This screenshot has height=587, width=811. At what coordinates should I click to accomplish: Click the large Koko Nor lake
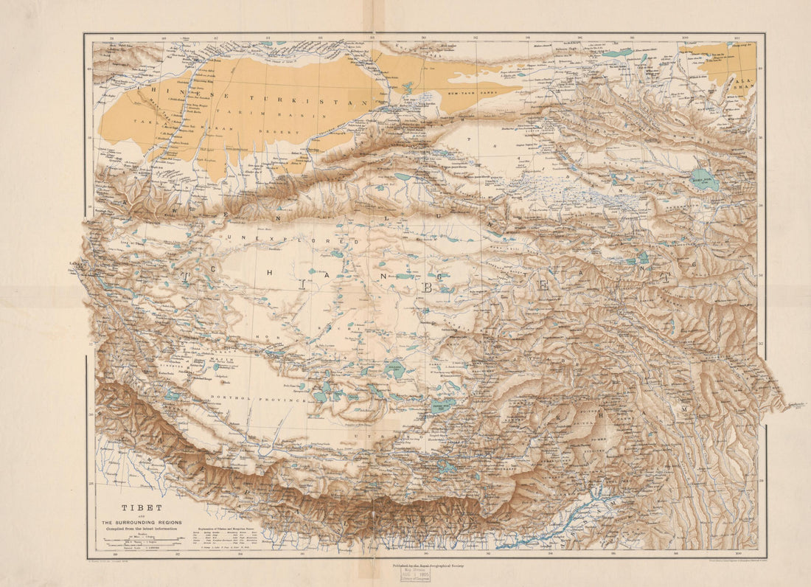point(705,180)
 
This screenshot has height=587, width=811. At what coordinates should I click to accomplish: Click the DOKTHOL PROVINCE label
point(259,399)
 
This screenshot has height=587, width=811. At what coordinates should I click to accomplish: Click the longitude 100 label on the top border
point(686,37)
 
